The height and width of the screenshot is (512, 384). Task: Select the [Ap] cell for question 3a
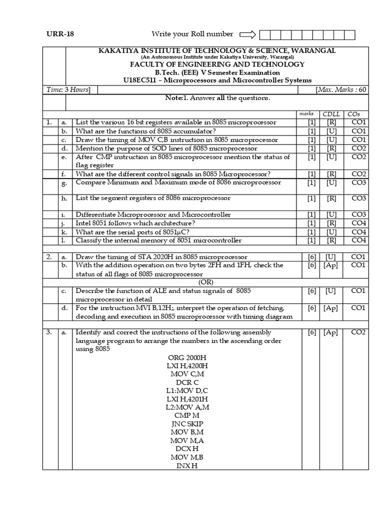tap(330, 332)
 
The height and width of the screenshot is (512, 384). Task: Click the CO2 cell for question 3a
tap(358, 332)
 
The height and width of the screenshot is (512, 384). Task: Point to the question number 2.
tap(49, 257)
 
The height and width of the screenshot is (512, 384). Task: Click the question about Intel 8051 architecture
tap(135, 223)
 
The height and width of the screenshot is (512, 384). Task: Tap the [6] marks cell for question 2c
tap(312, 290)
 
